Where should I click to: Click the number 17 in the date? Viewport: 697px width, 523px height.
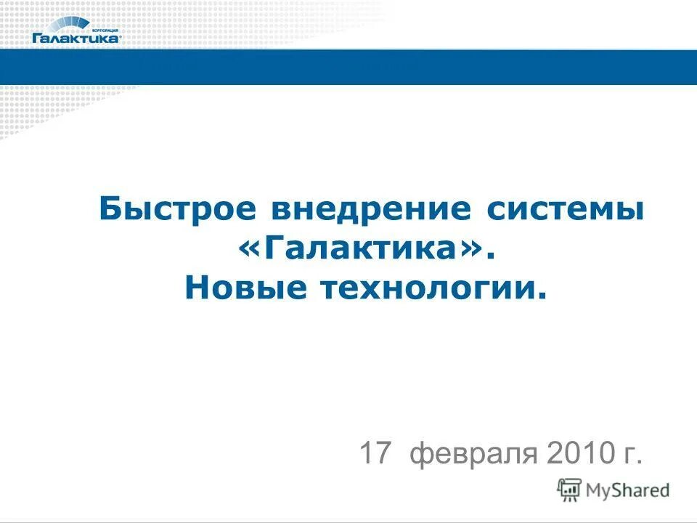(375, 454)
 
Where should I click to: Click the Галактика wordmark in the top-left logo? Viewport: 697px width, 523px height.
(76, 38)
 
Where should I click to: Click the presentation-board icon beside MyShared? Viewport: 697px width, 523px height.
(569, 490)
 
